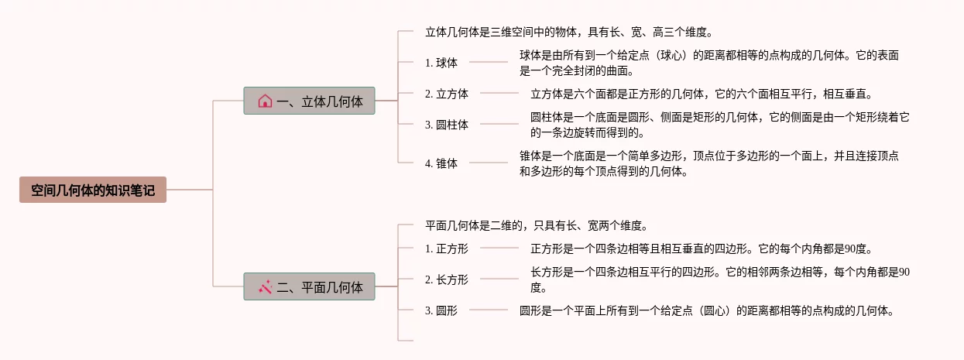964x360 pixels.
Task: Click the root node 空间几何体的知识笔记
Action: tap(93, 190)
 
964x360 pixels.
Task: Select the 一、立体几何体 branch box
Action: tap(309, 101)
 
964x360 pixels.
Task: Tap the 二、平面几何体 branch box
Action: tap(309, 287)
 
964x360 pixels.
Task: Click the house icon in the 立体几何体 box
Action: tap(265, 101)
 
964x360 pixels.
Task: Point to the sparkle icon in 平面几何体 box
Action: tap(265, 286)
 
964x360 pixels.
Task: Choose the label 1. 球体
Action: tap(441, 63)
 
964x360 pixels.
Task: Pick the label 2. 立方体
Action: tap(447, 94)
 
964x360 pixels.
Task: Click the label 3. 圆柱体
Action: tap(447, 125)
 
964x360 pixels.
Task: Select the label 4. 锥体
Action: tap(441, 163)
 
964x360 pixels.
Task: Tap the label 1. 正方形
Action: tap(447, 249)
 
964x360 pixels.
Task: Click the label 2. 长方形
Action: tap(447, 279)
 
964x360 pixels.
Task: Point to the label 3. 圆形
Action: tap(441, 310)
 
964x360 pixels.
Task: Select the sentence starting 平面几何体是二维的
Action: tap(536, 226)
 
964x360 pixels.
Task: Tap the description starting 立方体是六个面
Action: tap(702, 94)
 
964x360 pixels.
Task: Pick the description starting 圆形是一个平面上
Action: tap(708, 311)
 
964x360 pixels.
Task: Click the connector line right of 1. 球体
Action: tap(489, 62)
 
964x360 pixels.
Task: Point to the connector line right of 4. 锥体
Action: tap(489, 163)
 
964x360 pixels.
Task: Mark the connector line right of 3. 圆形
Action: tap(489, 310)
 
